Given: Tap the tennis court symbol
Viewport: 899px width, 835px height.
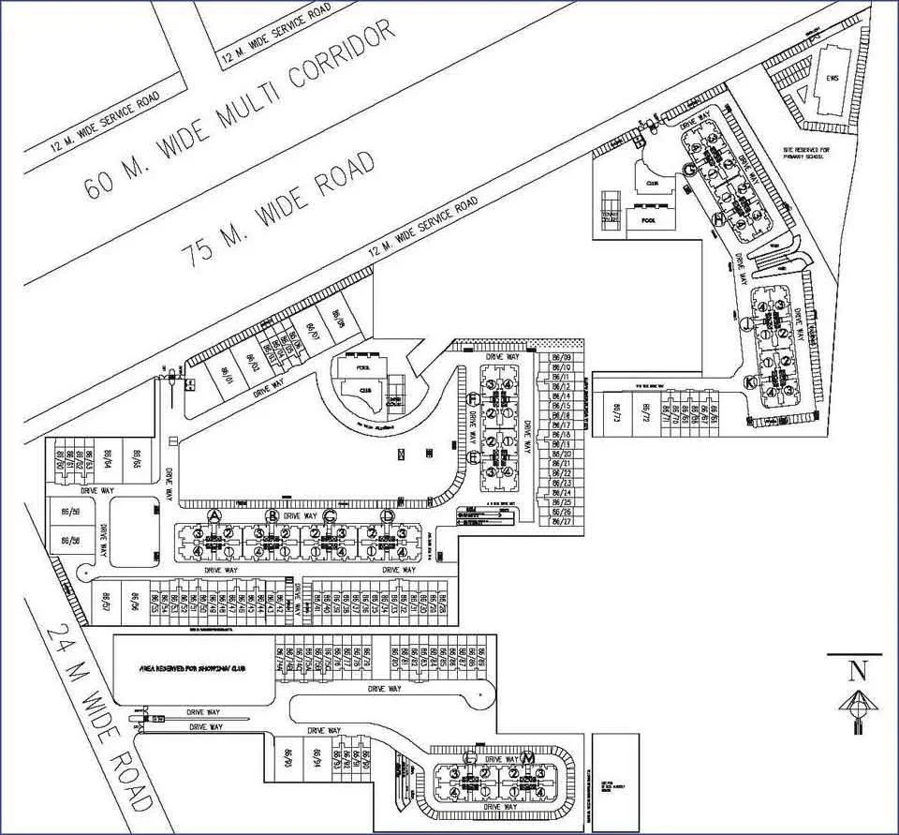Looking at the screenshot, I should [x=612, y=203].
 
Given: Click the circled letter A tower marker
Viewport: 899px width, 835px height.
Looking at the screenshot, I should [x=214, y=516].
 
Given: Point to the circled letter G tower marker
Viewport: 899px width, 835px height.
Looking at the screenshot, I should [x=688, y=169].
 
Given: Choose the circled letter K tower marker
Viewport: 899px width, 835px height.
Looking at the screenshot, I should [x=750, y=382].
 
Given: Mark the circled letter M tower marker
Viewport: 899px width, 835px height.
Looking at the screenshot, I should [x=529, y=756].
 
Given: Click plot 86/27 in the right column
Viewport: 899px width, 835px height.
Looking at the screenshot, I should [x=562, y=521].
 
